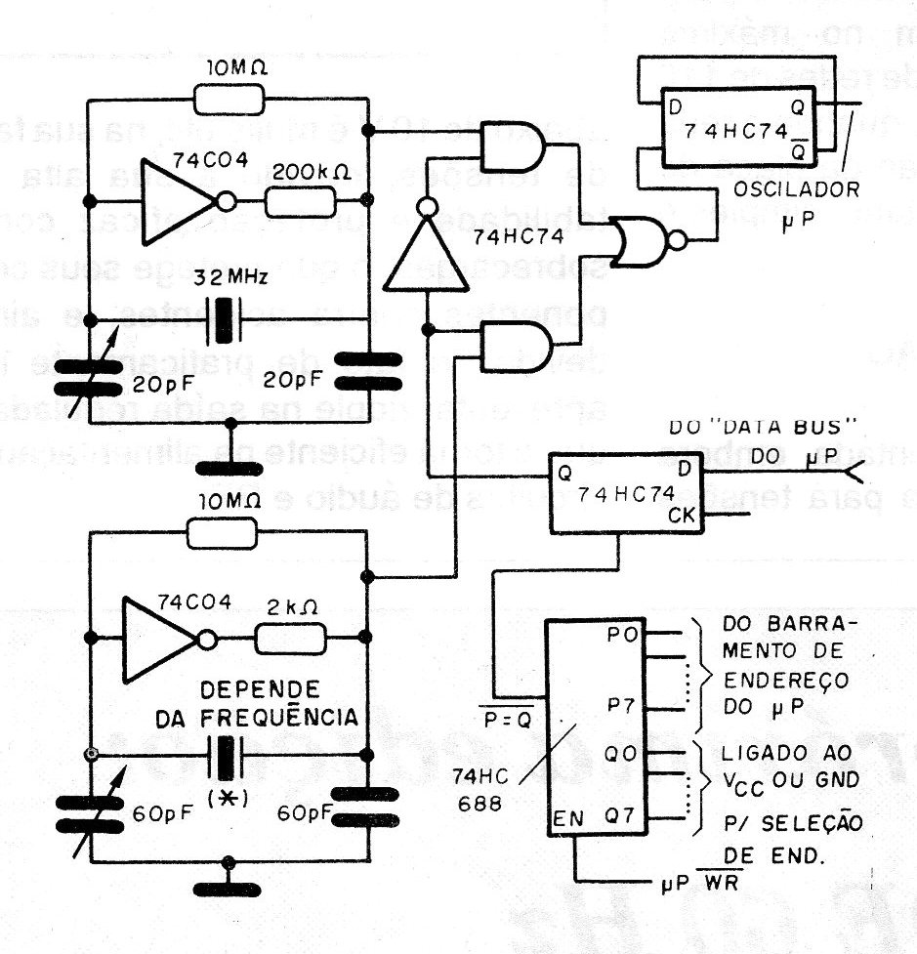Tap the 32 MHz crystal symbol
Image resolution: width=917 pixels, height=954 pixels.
tap(229, 319)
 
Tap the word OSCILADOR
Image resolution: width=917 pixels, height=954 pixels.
tap(800, 189)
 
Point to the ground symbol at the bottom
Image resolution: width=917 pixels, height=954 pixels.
tap(229, 887)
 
